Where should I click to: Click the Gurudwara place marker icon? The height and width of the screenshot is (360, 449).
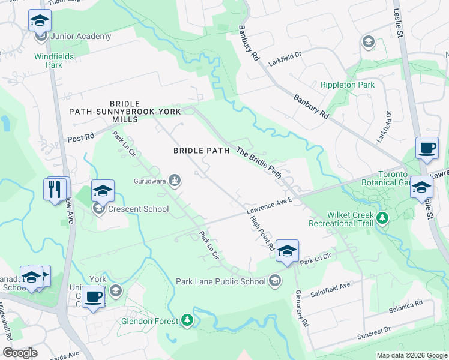pos(174,179)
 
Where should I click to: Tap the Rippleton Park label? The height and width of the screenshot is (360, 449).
pos(348,85)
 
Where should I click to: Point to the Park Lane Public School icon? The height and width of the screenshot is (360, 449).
pos(275,281)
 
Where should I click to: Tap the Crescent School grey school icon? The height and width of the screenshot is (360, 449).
pos(97,209)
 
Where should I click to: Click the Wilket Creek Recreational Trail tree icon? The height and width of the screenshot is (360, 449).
pos(382,220)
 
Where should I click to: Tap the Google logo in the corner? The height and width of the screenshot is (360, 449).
pos(20,353)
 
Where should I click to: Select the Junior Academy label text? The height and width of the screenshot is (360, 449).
pos(81,36)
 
